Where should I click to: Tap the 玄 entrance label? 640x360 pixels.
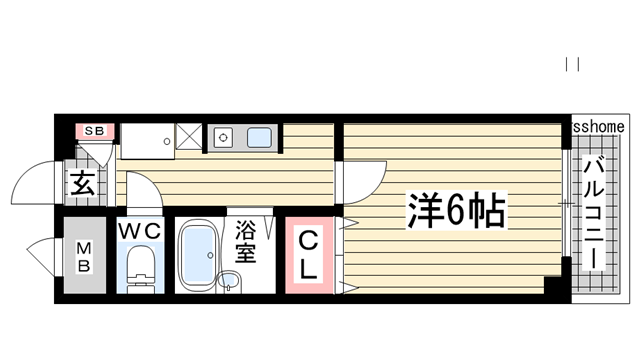[x=81, y=184]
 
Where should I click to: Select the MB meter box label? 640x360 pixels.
[x=85, y=257]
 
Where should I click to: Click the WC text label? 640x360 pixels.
[x=140, y=232]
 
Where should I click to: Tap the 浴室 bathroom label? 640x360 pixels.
[x=246, y=242]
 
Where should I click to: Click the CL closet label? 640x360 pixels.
[x=310, y=255]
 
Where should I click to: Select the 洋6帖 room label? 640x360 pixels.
[x=455, y=211]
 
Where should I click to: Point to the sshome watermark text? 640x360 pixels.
[x=599, y=126]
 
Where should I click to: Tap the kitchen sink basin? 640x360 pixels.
[x=258, y=138]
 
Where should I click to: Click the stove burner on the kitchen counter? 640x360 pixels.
[x=222, y=137]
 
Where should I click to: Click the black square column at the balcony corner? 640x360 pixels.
[x=554, y=284]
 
